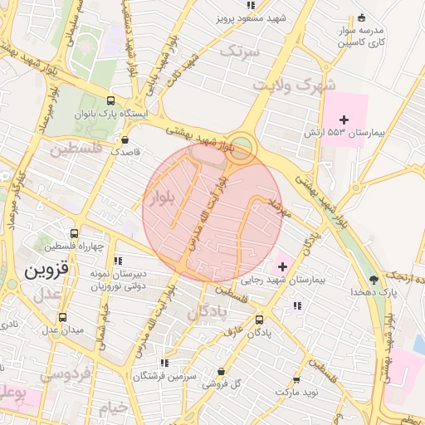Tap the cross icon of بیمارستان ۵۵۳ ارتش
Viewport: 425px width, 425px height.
(344, 120)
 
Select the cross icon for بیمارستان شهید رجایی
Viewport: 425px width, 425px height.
(284, 266)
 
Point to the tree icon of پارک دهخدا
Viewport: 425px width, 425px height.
(374, 279)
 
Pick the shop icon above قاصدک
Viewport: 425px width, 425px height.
(125, 139)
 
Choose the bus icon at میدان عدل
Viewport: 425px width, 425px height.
(62, 316)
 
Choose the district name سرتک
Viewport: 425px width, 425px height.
(241, 51)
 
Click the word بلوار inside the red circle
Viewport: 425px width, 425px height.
(164, 198)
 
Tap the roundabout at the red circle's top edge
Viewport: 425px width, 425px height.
(241, 148)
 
